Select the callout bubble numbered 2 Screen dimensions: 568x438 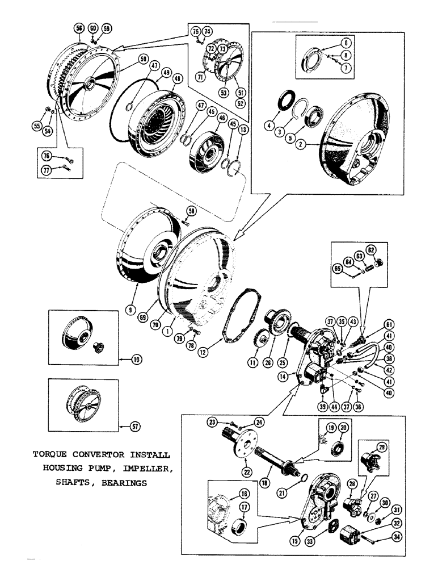[x=304, y=145]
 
